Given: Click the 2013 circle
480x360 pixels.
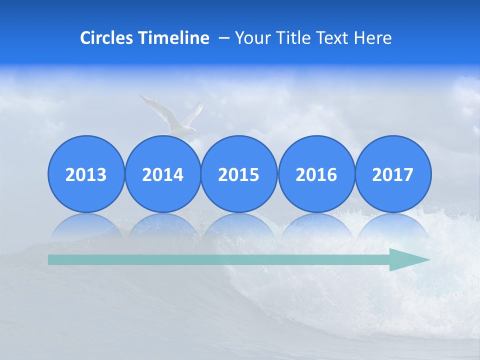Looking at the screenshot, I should [86, 174].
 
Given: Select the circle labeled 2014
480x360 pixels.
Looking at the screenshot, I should [163, 174].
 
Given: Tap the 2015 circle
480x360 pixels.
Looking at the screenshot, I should [239, 174].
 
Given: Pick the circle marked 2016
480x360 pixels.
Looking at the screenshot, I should [316, 174].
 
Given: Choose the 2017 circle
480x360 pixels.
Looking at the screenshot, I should [393, 174].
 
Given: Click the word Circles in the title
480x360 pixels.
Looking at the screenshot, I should [106, 38].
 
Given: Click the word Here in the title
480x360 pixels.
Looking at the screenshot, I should [373, 38].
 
